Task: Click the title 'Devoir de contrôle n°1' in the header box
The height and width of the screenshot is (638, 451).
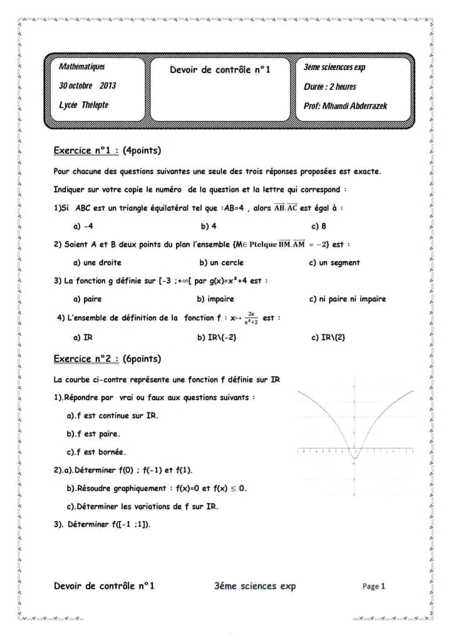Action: coord(220,69)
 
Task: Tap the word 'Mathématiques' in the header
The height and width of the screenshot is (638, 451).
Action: coord(82,66)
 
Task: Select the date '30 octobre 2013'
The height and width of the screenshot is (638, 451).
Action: coord(87,85)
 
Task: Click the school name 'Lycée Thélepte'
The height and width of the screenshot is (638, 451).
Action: coord(83,105)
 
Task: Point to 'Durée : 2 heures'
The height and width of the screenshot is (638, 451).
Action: coord(330,86)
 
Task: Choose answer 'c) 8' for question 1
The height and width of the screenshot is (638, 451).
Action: coord(319,226)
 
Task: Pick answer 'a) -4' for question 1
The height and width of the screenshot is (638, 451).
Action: coord(83,226)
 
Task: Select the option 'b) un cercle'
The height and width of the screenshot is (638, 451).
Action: coord(221,262)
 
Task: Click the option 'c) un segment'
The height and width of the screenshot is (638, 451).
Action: coord(334,262)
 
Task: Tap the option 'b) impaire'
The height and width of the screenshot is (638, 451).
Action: coord(215,299)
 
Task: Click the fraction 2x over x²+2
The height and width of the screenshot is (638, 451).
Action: coord(251,318)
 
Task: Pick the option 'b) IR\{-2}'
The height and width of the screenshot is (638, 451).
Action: coord(217,337)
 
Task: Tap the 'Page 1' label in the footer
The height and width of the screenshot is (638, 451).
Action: coord(374,586)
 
